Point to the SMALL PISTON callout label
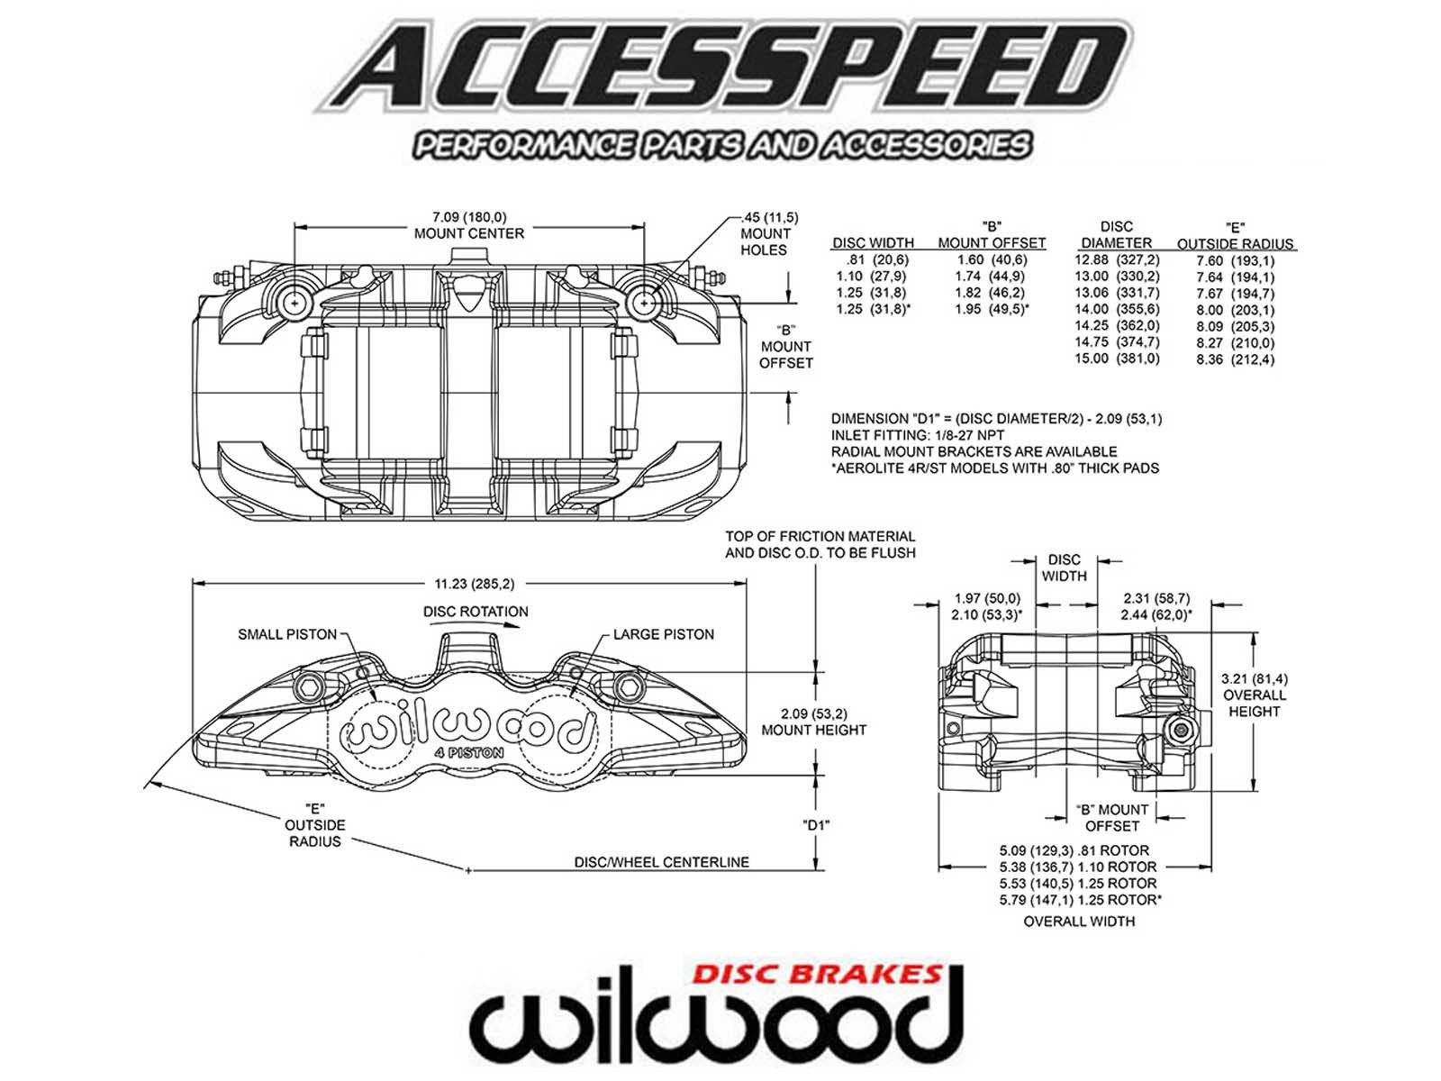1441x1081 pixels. pyautogui.click(x=286, y=634)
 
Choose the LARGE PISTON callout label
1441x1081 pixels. pyautogui.click(x=663, y=634)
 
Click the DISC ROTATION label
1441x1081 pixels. pyautogui.click(x=476, y=612)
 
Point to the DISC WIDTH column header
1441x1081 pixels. pyautogui.click(x=873, y=242)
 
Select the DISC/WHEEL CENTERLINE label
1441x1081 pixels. pyautogui.click(x=661, y=862)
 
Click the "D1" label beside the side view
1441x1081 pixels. pyautogui.click(x=815, y=824)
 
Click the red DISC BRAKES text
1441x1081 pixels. pyautogui.click(x=817, y=974)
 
